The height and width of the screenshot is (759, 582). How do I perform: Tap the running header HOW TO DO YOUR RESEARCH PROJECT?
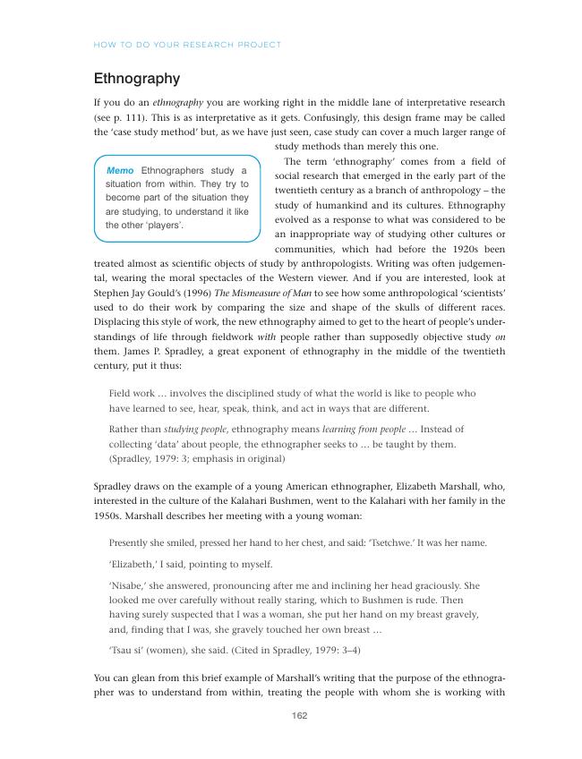point(187,44)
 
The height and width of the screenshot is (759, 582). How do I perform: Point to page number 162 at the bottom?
point(301,715)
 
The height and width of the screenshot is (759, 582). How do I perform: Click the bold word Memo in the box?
point(121,170)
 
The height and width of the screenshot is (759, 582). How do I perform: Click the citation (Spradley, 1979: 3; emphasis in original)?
point(196,458)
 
